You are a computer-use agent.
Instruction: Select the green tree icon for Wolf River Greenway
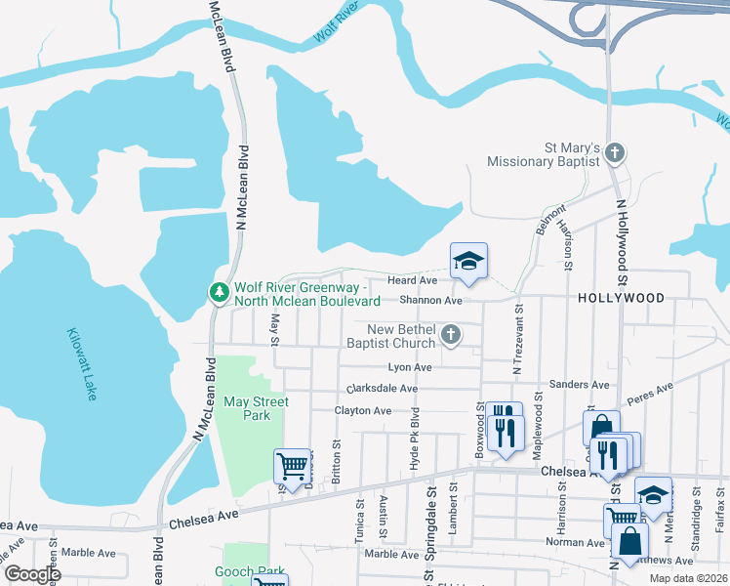pyautogui.click(x=219, y=292)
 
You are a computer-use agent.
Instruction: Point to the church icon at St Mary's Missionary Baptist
pyautogui.click(x=614, y=152)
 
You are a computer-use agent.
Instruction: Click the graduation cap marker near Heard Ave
pyautogui.click(x=468, y=261)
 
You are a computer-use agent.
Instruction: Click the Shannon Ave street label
pyautogui.click(x=438, y=301)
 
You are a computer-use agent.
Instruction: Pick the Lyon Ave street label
pyautogui.click(x=410, y=367)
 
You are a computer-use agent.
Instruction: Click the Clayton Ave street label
pyautogui.click(x=363, y=411)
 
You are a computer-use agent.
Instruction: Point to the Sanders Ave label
pyautogui.click(x=573, y=385)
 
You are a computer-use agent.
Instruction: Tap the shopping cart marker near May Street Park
pyautogui.click(x=292, y=466)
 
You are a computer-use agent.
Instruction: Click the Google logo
pyautogui.click(x=31, y=574)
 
